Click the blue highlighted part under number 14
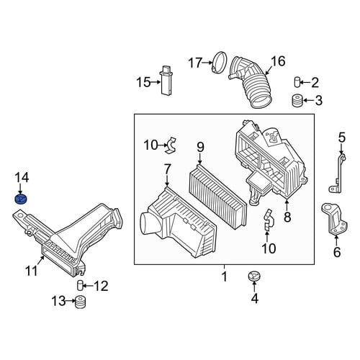21,199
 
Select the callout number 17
195,63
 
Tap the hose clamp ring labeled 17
220,62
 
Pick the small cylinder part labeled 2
297,82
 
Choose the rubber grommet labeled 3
297,100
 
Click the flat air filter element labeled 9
218,197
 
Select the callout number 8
287,217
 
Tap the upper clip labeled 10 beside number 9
172,145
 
